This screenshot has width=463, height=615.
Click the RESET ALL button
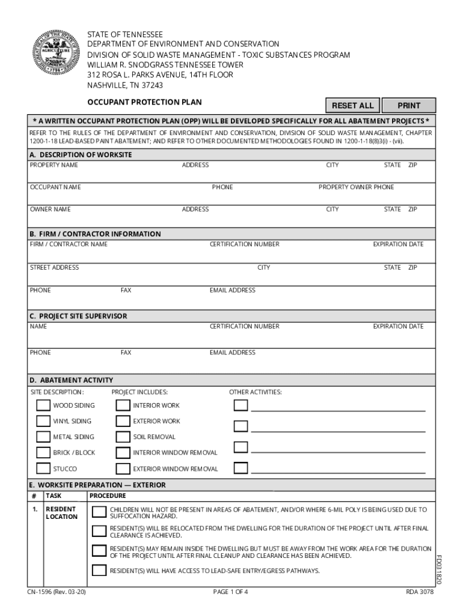pyautogui.click(x=352, y=106)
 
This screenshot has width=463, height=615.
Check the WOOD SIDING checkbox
pyautogui.click(x=43, y=405)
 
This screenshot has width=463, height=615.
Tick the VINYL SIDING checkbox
pyautogui.click(x=43, y=421)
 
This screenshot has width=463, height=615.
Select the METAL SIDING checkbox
pyautogui.click(x=43, y=437)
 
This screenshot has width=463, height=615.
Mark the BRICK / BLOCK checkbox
pyautogui.click(x=43, y=452)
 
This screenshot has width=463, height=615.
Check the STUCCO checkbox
pyautogui.click(x=43, y=468)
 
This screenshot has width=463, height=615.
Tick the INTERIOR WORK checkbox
pyautogui.click(x=123, y=405)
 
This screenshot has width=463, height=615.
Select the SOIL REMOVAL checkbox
pyautogui.click(x=123, y=437)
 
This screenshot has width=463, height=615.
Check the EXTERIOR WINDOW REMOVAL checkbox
pyautogui.click(x=123, y=468)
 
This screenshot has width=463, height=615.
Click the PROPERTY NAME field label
pyautogui.click(x=54, y=165)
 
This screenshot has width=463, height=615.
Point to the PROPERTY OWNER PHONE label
pyautogui.click(x=356, y=187)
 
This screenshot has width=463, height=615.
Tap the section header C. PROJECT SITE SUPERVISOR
pyautogui.click(x=78, y=316)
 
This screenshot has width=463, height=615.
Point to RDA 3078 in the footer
pyautogui.click(x=419, y=592)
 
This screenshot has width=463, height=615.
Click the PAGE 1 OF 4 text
pyautogui.click(x=230, y=592)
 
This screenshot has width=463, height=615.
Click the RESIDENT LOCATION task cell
pyautogui.click(x=62, y=513)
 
